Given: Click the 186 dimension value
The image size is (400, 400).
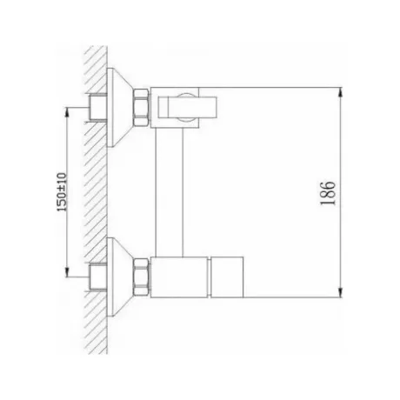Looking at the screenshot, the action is pos(328,194).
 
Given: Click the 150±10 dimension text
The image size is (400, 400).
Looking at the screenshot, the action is pos(62,192).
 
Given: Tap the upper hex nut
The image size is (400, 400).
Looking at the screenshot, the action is pos(141,108).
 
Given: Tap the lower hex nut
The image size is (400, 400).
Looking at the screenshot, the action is pos(141,277).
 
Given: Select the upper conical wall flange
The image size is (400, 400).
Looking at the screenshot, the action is pos(119,108).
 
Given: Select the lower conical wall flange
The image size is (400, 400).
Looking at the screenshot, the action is pos(119,277).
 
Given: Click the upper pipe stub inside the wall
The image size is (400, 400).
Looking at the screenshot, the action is pos(97,107).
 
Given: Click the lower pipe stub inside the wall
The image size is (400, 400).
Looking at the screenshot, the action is pos(97,277).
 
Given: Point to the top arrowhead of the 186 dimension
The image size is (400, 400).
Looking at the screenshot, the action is pos(340,93).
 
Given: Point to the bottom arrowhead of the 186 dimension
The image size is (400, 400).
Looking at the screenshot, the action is pos(340,292).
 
